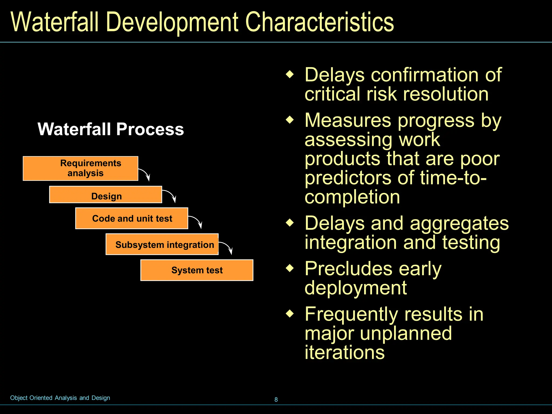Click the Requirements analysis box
[80, 168]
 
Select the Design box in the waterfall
[105, 195]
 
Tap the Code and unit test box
[132, 218]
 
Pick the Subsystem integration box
[162, 244]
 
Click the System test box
[197, 270]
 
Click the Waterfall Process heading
[111, 129]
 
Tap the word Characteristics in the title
[319, 22]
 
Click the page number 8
[276, 399]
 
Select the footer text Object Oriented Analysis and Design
[60, 398]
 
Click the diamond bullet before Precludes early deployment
[290, 268]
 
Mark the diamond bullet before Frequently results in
[290, 313]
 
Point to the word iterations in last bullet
[344, 352]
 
